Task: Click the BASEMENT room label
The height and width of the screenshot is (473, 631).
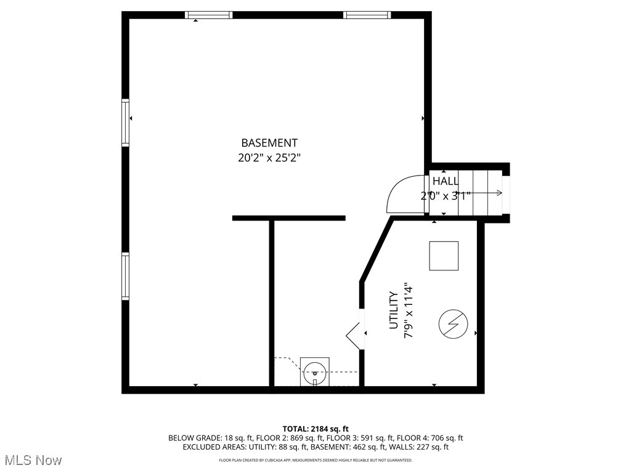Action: pyautogui.click(x=269, y=142)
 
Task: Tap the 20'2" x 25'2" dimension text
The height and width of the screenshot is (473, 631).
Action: pyautogui.click(x=269, y=158)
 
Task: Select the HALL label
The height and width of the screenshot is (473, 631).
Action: pyautogui.click(x=445, y=181)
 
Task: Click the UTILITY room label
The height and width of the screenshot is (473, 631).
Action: pyautogui.click(x=394, y=310)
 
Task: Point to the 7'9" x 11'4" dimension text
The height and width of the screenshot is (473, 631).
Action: pyautogui.click(x=407, y=310)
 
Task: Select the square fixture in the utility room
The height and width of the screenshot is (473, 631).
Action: pyautogui.click(x=444, y=256)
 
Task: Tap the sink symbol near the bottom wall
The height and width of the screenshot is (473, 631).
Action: pyautogui.click(x=315, y=371)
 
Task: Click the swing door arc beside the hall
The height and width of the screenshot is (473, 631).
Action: pyautogui.click(x=404, y=193)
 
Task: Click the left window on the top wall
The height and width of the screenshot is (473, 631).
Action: pyautogui.click(x=209, y=15)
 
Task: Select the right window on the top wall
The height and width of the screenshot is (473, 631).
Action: pyautogui.click(x=367, y=15)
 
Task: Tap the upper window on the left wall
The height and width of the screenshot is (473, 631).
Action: pyautogui.click(x=126, y=123)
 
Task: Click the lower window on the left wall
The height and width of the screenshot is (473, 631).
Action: pyautogui.click(x=126, y=276)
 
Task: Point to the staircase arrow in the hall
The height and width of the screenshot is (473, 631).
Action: pyautogui.click(x=487, y=193)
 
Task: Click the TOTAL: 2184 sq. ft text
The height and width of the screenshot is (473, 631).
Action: pyautogui.click(x=315, y=429)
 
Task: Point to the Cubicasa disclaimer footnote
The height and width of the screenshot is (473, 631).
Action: pyautogui.click(x=315, y=460)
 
